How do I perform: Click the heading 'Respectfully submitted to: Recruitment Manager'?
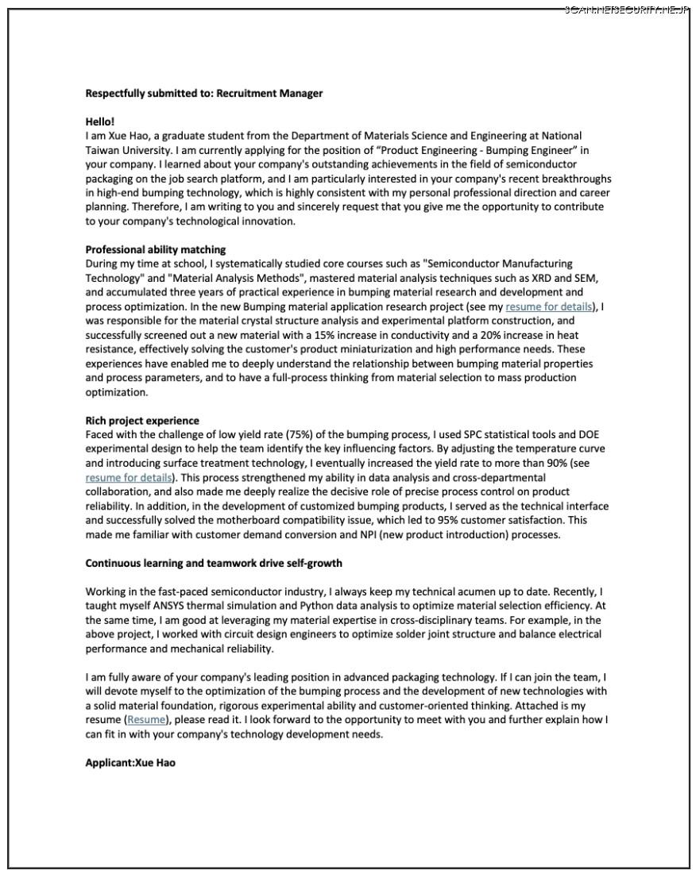coord(204,93)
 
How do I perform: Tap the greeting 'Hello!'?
coord(100,121)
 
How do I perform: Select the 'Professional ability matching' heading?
coord(156,249)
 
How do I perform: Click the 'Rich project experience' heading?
coord(142,421)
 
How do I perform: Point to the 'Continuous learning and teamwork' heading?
coord(214,563)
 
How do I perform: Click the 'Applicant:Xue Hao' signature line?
coord(130,763)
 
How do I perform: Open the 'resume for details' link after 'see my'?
coord(549,306)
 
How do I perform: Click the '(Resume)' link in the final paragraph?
coord(149,720)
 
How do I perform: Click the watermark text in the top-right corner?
coord(628,10)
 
